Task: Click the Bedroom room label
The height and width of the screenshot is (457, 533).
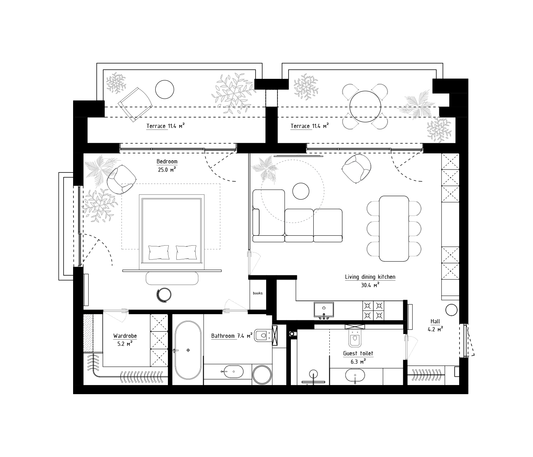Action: click(x=167, y=162)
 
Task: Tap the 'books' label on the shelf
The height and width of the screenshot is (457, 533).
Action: click(x=258, y=293)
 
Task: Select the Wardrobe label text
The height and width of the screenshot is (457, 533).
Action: click(x=125, y=336)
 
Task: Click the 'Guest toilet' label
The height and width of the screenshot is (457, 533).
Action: click(x=358, y=353)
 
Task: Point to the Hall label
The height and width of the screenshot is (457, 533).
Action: click(x=435, y=321)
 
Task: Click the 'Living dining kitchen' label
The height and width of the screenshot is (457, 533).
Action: click(x=370, y=277)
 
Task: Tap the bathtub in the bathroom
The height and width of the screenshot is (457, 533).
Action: click(x=188, y=350)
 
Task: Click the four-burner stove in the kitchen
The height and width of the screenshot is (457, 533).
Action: click(x=373, y=310)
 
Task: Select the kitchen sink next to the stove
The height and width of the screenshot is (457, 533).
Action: click(x=324, y=310)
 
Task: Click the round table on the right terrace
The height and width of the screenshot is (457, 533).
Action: click(x=365, y=106)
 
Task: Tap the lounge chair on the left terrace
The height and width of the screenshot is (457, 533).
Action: click(x=135, y=104)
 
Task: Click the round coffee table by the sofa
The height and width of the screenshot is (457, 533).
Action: click(x=301, y=191)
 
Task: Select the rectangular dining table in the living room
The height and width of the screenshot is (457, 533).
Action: click(x=394, y=228)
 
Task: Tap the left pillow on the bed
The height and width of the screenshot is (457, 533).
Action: click(x=158, y=252)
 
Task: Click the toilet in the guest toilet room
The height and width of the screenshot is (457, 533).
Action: click(x=355, y=339)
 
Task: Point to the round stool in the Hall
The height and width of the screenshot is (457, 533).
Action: click(x=452, y=310)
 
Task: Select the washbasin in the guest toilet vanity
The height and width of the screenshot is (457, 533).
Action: click(x=355, y=377)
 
